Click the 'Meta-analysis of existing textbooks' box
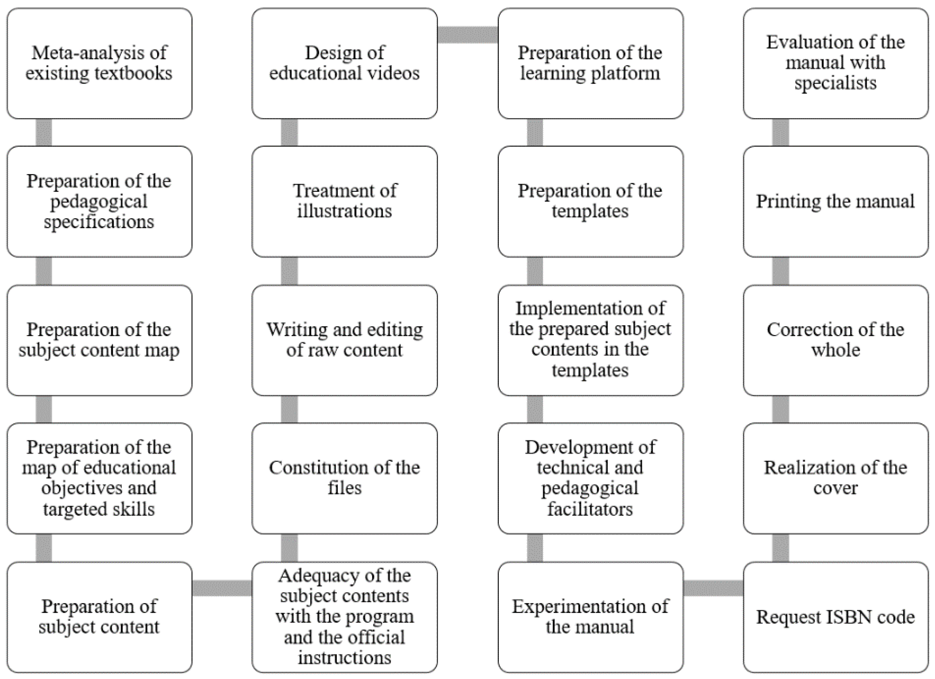click(99, 63)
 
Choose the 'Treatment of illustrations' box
click(345, 201)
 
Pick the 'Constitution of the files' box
click(345, 478)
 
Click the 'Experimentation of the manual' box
click(590, 617)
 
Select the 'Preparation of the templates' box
click(590, 201)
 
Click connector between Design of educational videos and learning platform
click(467, 35)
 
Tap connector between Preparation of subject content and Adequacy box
click(222, 588)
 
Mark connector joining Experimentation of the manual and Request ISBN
click(713, 588)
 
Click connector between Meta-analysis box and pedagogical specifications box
click(44, 132)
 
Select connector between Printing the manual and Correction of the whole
click(780, 271)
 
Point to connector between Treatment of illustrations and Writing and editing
click(289, 271)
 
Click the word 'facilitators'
click(590, 509)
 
